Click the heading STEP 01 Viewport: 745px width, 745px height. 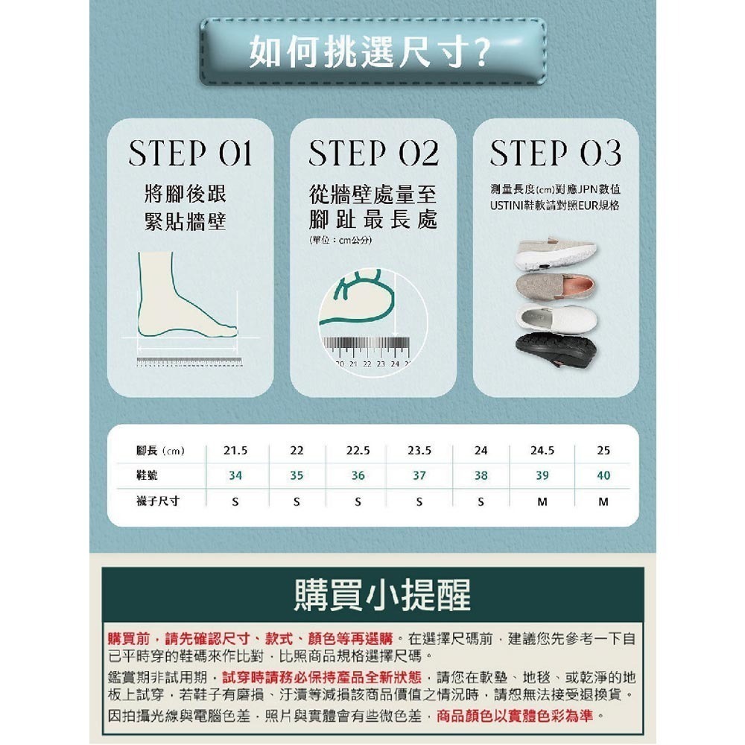[190, 153]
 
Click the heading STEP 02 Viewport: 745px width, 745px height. [372, 153]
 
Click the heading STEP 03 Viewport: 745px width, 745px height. [555, 153]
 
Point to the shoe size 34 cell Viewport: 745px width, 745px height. [235, 475]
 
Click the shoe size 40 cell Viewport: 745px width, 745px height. [603, 475]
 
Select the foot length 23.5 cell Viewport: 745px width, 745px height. [419, 451]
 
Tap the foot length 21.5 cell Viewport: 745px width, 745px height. [235, 451]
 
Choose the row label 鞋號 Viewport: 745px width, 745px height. [148, 475]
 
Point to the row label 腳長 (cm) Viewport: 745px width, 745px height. [160, 451]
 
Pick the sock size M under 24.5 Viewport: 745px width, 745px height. [542, 501]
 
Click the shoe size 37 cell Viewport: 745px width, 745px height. [419, 475]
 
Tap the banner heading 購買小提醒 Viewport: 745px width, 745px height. [372, 595]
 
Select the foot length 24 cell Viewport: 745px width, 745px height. [481, 451]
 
